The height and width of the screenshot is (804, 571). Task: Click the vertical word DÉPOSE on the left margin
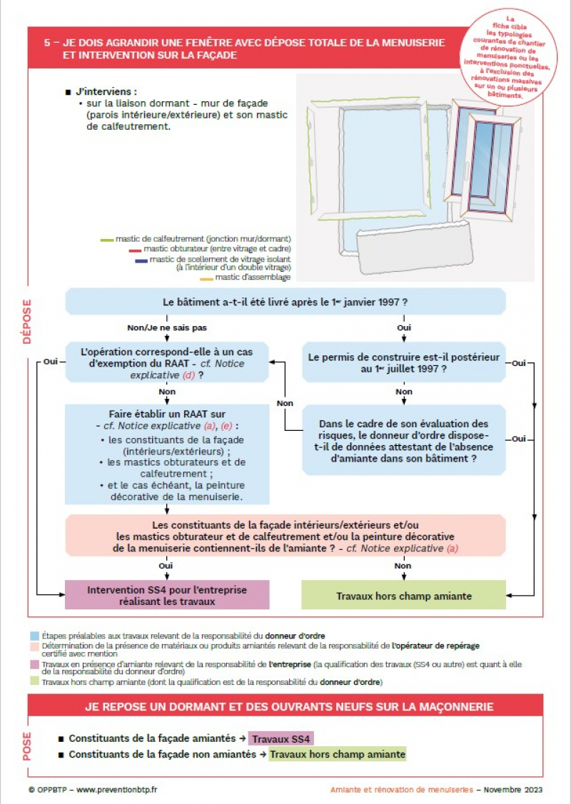coord(26,321)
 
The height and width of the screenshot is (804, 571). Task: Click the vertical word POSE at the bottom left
coord(26,746)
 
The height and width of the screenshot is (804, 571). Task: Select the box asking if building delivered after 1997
coord(285,302)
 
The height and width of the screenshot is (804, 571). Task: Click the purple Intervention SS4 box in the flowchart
coord(167,596)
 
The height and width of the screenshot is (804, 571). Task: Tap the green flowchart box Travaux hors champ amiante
coord(403,596)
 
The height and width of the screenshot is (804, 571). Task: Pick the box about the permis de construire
coord(403,363)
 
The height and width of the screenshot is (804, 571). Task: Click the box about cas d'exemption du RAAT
coord(167,363)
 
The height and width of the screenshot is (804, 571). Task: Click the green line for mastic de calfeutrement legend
coord(107,240)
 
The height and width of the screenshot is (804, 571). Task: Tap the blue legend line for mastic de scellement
coord(141,260)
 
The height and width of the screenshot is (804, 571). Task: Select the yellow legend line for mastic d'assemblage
coord(206,278)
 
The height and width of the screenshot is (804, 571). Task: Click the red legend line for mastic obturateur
coord(135,250)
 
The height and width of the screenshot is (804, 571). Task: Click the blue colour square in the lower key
coord(34,635)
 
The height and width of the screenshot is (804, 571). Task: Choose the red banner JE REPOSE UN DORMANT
coord(285,707)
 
